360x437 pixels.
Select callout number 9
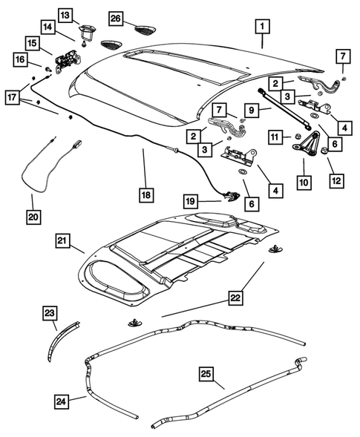coord(252,111)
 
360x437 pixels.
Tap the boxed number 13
coord(65,15)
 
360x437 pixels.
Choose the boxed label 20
coord(32,217)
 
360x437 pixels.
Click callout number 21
coord(64,240)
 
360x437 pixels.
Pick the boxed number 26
coord(116,17)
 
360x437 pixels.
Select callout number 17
coord(14,96)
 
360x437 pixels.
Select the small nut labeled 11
coord(295,137)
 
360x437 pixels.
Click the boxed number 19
coord(191,201)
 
